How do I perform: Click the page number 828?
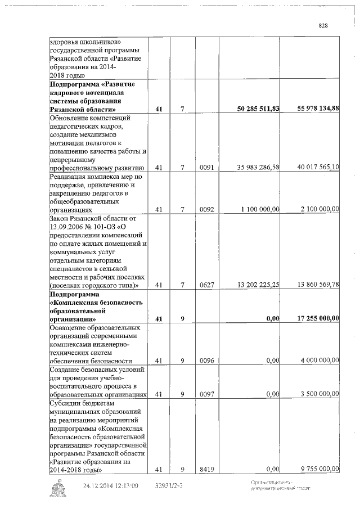coord(323,25)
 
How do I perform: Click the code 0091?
coord(206,168)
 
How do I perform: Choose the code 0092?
coord(206,209)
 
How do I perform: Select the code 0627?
coord(206,286)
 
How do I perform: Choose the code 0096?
coord(206,361)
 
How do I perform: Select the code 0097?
coord(206,394)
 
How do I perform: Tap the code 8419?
coord(206,469)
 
